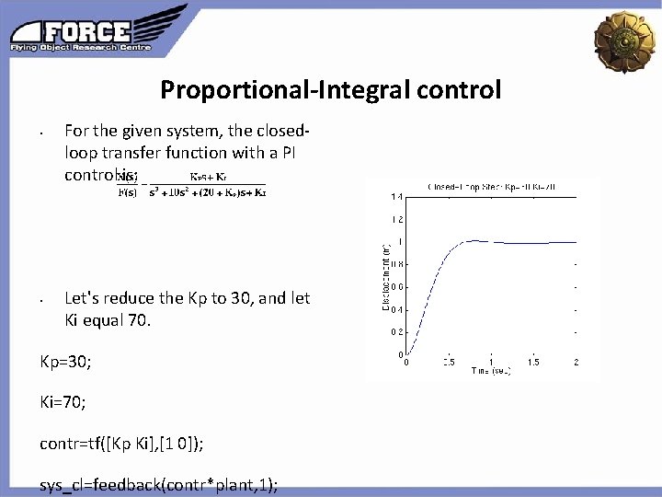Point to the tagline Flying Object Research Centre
(x=81, y=46)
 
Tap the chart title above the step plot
(x=491, y=187)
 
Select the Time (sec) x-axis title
(x=490, y=370)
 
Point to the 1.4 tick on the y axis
(x=396, y=197)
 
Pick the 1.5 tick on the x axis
(x=533, y=362)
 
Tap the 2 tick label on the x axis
(x=576, y=362)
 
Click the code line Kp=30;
(x=65, y=363)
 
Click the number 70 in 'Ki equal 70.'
(x=137, y=321)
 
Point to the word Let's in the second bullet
(x=85, y=298)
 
